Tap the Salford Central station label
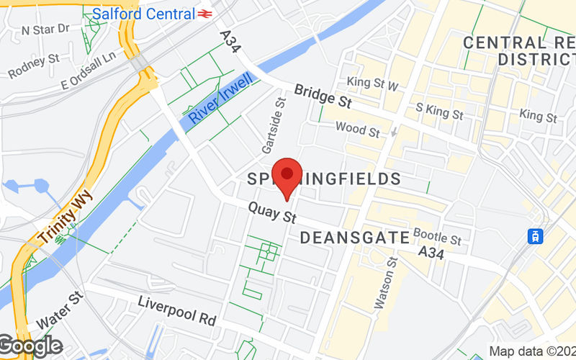click(x=143, y=14)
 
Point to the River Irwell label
click(x=219, y=100)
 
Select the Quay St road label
click(x=273, y=213)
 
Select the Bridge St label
click(x=322, y=96)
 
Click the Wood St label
click(x=358, y=130)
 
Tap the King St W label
click(x=372, y=84)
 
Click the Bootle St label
click(x=437, y=237)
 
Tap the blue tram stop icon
click(x=535, y=235)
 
